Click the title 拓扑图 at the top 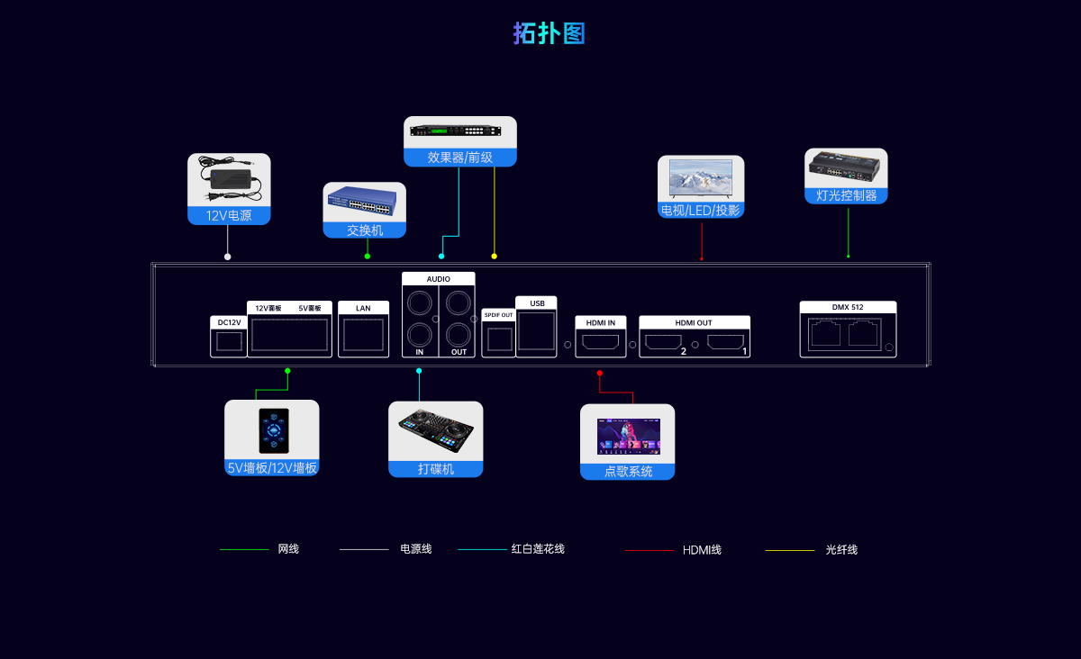pos(550,34)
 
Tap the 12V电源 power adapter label pos(229,216)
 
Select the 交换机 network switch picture pos(364,204)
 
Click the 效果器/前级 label pos(459,158)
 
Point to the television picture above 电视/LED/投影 pos(701,179)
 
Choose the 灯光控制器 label pos(846,195)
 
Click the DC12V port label pos(229,322)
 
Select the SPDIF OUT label pos(498,315)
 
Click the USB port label pos(537,303)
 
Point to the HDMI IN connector pos(601,342)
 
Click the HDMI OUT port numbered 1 pos(725,342)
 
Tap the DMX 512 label pos(848,308)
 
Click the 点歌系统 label pos(628,472)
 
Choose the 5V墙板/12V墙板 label pos(272,468)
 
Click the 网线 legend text pos(288,549)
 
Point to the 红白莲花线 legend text pos(538,549)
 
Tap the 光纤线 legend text pos(841,550)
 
